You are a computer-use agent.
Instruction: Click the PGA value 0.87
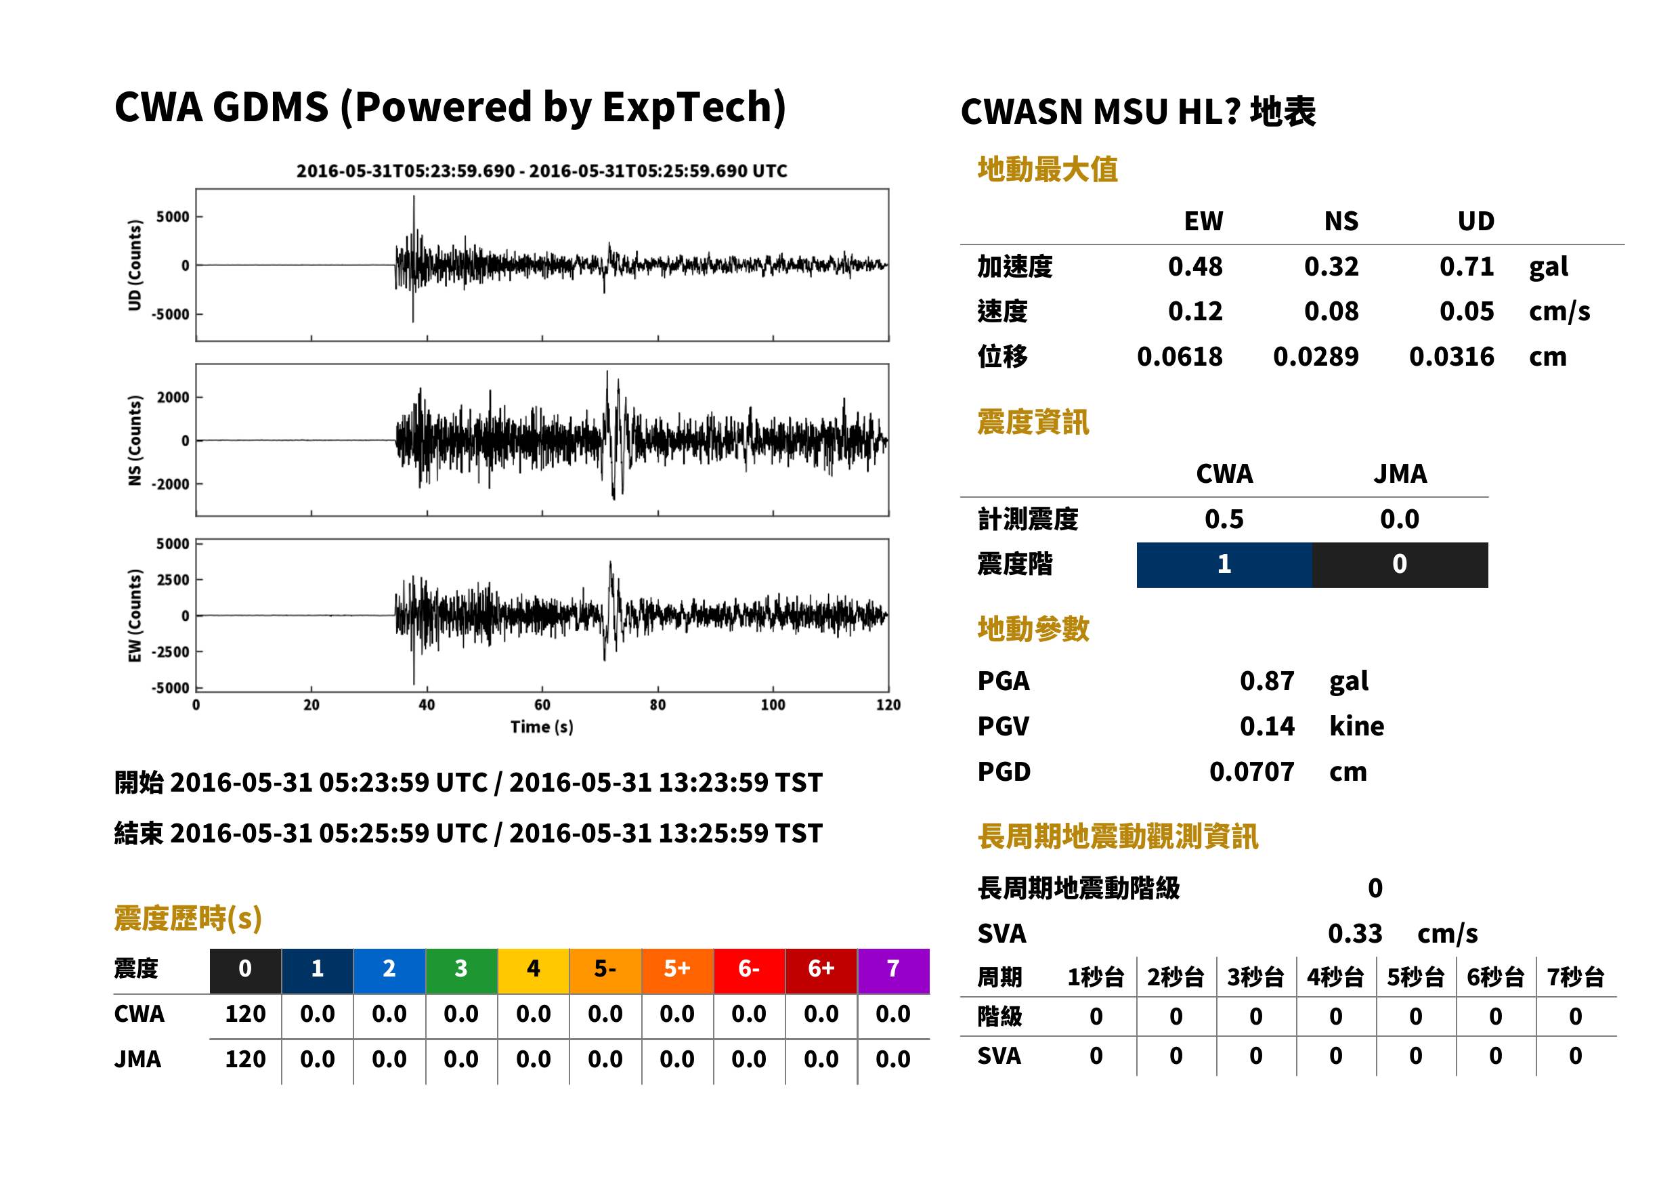coord(1266,681)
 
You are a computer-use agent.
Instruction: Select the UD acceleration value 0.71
coord(1467,266)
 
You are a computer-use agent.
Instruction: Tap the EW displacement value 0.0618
coord(1179,356)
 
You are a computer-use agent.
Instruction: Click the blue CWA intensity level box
coord(1224,565)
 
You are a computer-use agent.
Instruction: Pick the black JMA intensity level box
coord(1400,565)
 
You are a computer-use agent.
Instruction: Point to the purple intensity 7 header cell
coord(893,970)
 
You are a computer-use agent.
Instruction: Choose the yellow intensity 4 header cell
coord(534,970)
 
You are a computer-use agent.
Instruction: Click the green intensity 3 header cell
coord(461,970)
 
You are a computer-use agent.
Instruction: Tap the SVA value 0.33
coord(1355,933)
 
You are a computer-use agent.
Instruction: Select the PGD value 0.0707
coord(1251,771)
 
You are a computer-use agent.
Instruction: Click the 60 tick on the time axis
coord(542,705)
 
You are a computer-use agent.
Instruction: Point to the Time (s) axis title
coord(542,727)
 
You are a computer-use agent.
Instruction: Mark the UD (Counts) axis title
coord(135,265)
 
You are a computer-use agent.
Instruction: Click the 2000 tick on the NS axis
coord(173,398)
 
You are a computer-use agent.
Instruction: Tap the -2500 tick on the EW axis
coord(171,651)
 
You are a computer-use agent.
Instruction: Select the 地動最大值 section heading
coord(1048,169)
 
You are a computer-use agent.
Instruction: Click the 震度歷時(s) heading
coord(188,918)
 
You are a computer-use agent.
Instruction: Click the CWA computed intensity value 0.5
coord(1224,519)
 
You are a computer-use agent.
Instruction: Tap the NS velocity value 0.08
coord(1331,311)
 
